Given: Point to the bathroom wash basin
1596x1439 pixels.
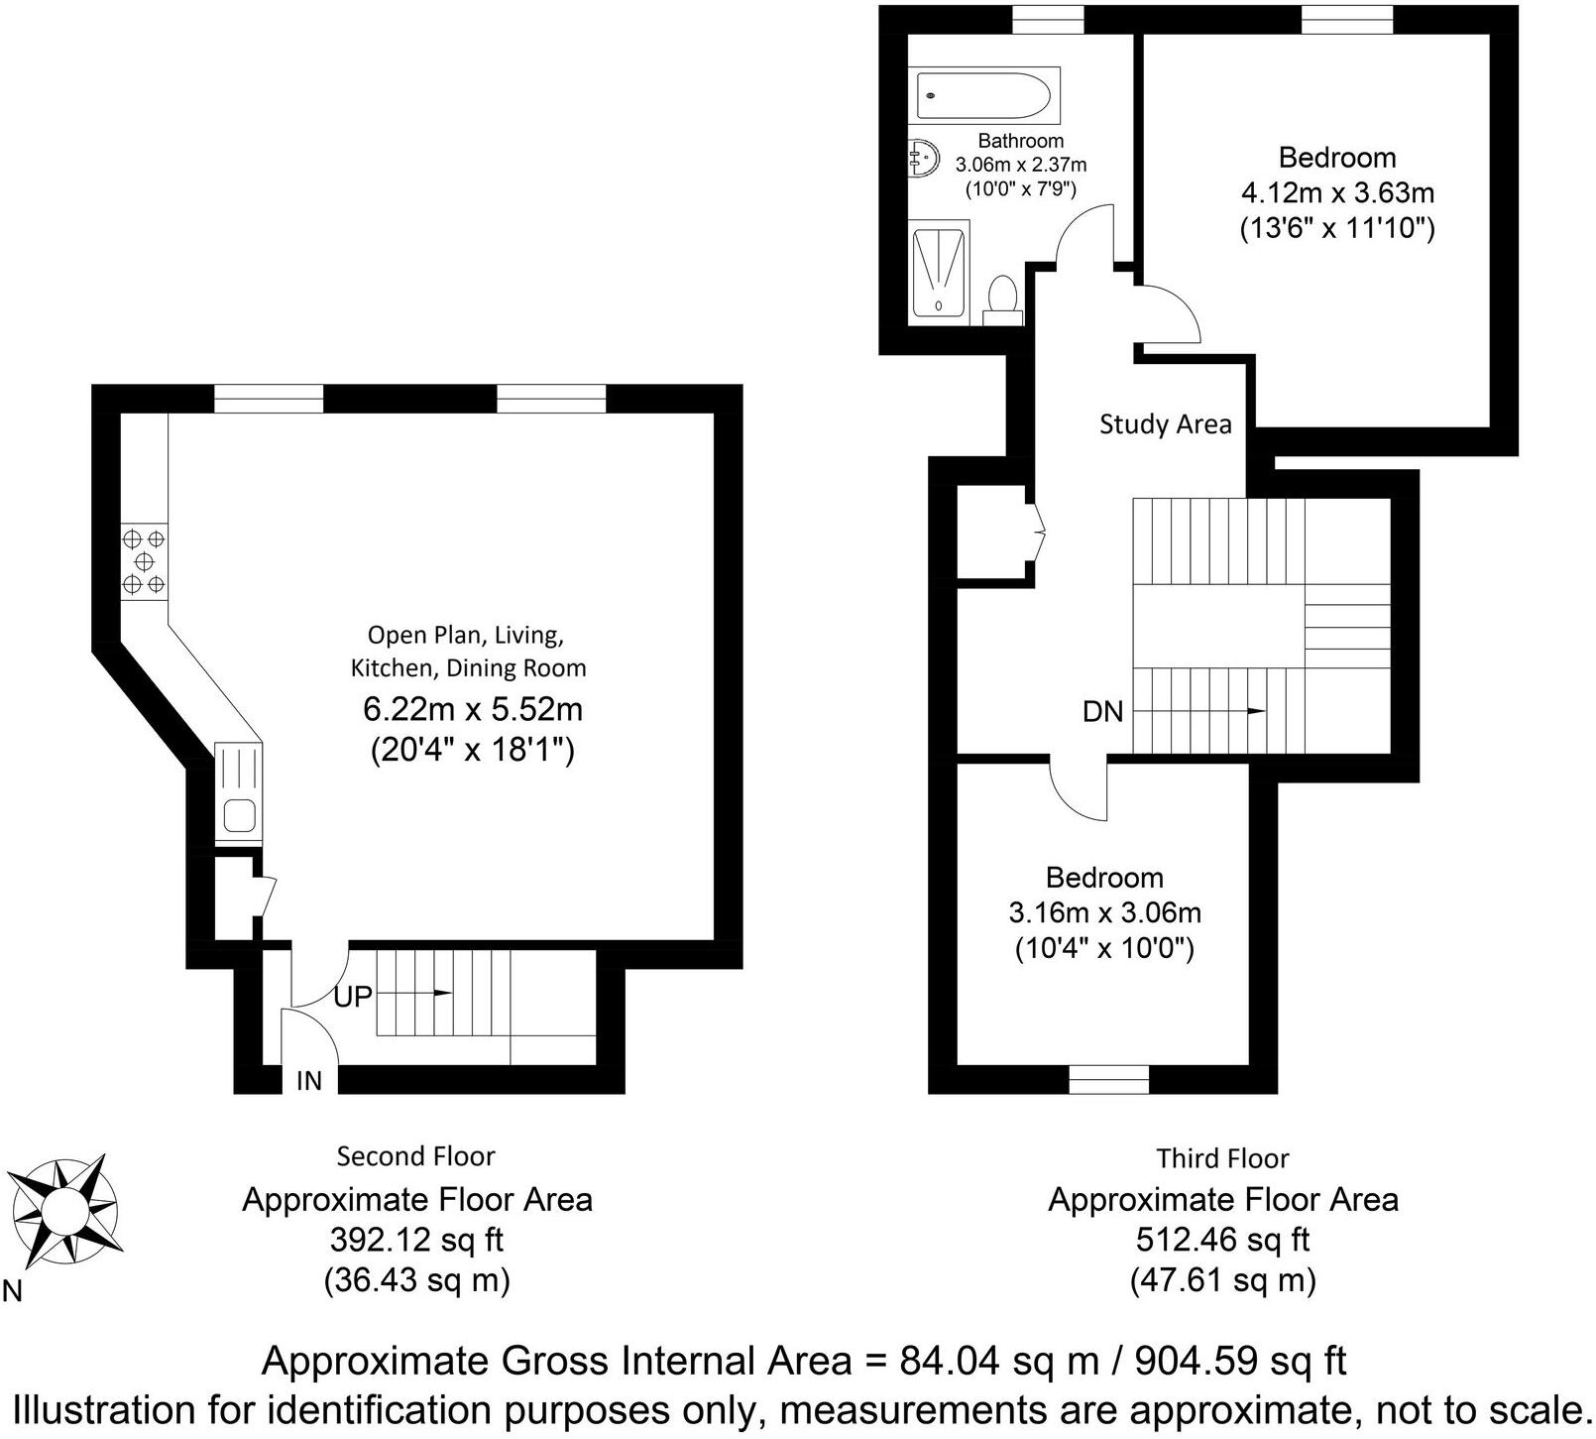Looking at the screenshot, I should coord(924,158).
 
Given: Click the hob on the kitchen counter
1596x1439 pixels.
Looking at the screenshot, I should coord(144,562).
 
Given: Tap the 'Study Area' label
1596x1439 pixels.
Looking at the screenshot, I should coord(1165,424).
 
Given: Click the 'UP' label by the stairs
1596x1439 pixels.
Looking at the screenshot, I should coord(352,996).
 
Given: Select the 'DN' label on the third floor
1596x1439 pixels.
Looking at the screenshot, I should coord(1102,711).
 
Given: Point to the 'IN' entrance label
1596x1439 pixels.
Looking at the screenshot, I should coord(309,1080).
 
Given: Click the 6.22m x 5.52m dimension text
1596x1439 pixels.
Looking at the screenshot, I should coord(473,709).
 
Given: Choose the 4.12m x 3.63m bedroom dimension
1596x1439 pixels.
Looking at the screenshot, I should coord(1337,192).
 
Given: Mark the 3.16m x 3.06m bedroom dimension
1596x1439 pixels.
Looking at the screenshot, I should coord(1104,912).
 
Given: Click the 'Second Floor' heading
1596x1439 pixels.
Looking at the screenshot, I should coord(415,1156).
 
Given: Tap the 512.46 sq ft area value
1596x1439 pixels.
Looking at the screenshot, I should coord(1222,1240).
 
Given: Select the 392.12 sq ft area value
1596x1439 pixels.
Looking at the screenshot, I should coord(416,1240).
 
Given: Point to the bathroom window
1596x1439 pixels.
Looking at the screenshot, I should coord(1048,19).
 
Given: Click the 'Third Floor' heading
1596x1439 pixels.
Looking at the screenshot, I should coord(1222,1158).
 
